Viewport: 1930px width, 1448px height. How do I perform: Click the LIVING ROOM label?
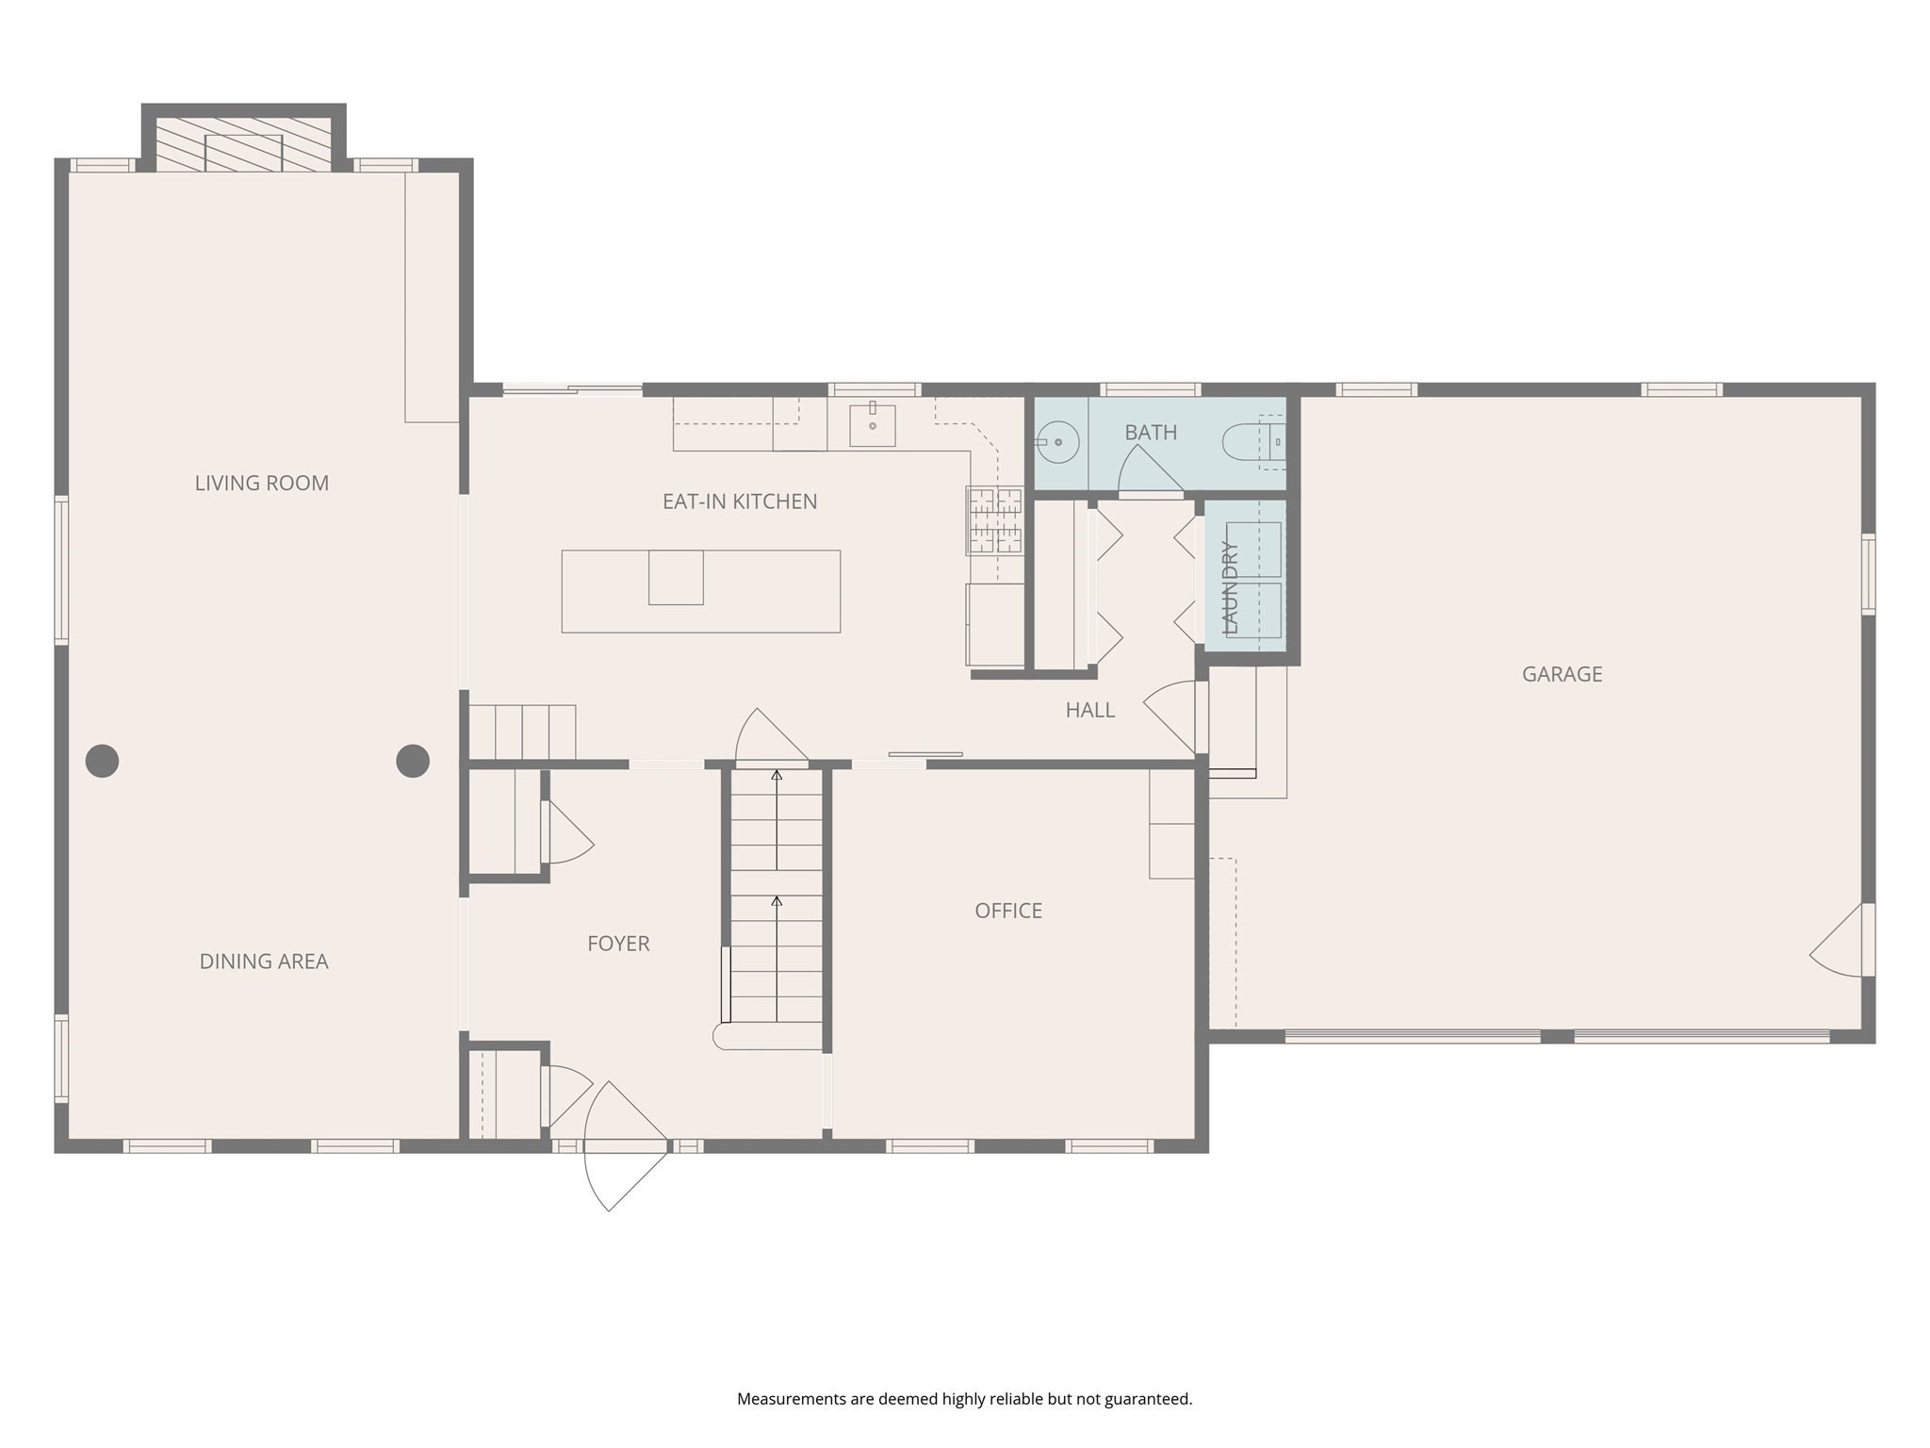pos(261,483)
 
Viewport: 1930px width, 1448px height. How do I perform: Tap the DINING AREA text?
pos(263,962)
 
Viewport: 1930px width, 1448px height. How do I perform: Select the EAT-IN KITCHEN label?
pos(740,502)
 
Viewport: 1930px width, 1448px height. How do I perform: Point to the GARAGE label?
pos(1562,674)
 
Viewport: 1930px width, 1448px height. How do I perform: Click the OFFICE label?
pos(1007,911)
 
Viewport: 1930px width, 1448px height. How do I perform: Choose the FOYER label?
pos(618,944)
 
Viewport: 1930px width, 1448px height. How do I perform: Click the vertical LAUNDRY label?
pos(1230,587)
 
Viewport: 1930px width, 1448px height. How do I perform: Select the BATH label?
pos(1150,433)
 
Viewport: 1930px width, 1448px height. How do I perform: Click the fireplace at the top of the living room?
pos(243,146)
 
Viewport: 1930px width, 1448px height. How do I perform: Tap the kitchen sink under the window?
pos(872,425)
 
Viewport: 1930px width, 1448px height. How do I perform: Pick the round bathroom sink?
pos(1058,441)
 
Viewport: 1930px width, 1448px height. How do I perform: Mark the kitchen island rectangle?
pos(700,591)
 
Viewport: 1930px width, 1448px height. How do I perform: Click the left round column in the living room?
pos(102,761)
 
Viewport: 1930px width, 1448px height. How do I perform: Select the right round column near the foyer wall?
pos(412,761)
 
